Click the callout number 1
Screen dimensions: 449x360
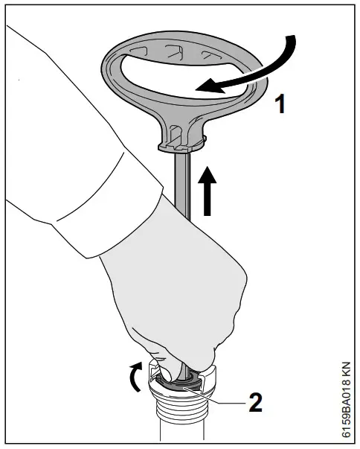(279, 104)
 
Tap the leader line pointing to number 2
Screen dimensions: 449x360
(223, 401)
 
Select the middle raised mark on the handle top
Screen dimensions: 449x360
(172, 50)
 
